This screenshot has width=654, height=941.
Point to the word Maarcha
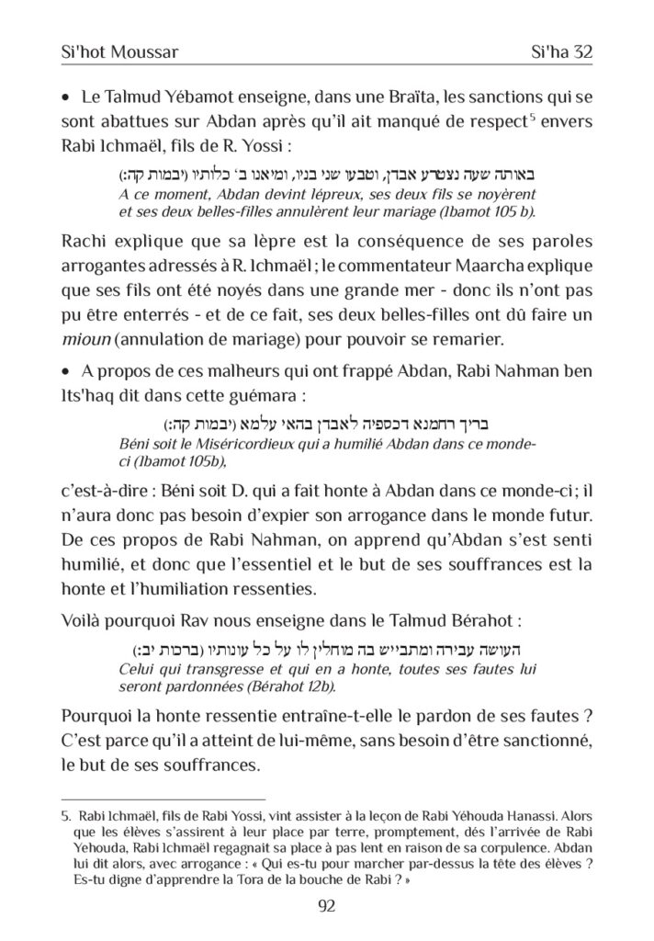pos(478,268)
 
